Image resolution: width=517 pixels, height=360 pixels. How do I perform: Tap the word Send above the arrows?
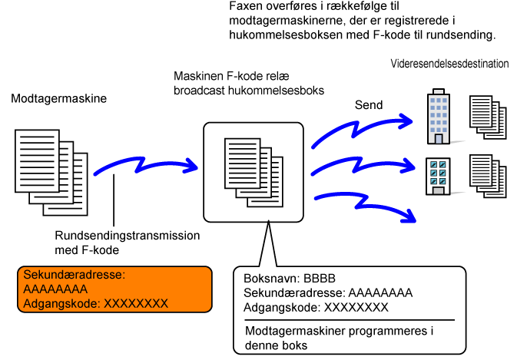pos(369,104)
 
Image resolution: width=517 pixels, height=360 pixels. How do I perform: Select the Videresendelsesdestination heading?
pos(449,64)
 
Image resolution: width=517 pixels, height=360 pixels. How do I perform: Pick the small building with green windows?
pos(438,175)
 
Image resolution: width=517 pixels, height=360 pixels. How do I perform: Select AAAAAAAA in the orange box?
pos(55,289)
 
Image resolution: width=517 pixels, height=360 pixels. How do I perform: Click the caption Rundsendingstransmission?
pos(128,236)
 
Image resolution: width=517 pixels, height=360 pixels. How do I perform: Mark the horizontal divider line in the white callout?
pos(349,320)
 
